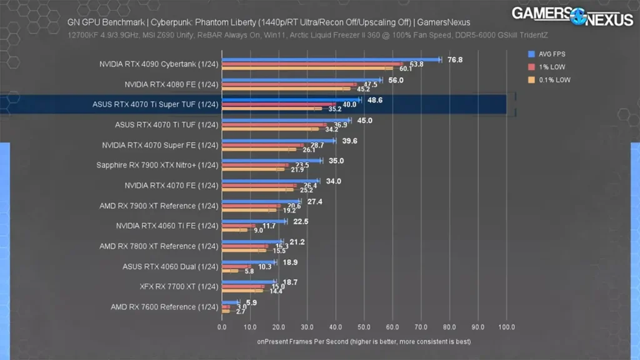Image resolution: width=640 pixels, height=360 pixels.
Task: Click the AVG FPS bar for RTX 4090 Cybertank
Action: pos(331,60)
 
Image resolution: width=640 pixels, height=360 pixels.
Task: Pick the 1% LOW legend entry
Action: pos(547,67)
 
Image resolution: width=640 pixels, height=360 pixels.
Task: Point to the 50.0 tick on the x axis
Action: pos(364,326)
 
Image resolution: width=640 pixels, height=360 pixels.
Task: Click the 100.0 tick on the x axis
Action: pos(506,326)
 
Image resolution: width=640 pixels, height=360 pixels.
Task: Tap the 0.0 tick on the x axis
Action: pos(222,326)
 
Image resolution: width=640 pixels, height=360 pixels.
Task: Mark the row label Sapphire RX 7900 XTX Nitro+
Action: pos(157,165)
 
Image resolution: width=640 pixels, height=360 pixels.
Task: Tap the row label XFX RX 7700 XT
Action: pos(179,287)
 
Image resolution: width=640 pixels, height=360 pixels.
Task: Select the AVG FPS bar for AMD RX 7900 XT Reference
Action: pos(261,201)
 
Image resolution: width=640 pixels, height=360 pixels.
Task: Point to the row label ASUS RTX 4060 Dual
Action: pos(170,266)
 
